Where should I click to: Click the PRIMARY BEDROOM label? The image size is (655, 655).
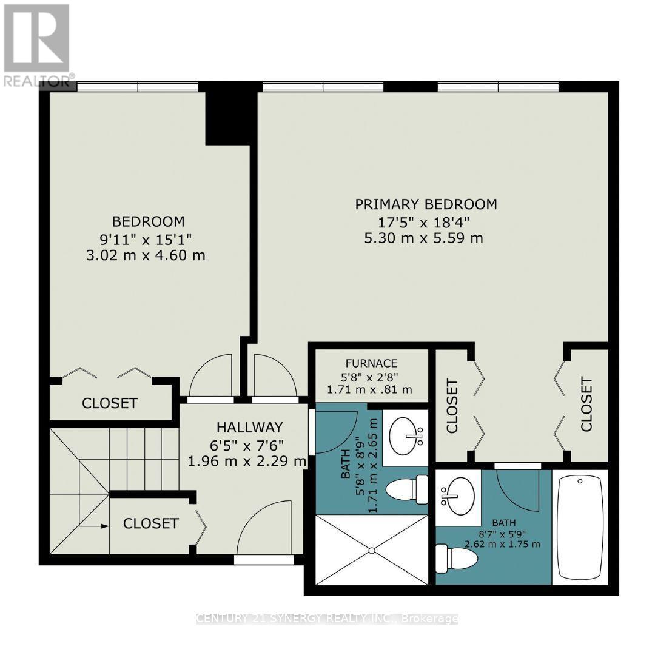click(x=426, y=204)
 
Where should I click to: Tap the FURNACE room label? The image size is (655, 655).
click(x=371, y=363)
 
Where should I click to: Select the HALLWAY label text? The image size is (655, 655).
click(x=249, y=428)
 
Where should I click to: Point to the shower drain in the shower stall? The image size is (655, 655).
click(x=371, y=551)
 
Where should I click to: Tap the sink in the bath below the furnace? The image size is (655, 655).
click(x=406, y=436)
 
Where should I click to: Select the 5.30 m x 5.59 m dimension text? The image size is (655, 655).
click(x=423, y=238)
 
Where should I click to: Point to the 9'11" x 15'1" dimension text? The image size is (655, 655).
click(x=146, y=240)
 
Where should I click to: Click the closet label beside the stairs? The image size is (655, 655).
click(x=151, y=523)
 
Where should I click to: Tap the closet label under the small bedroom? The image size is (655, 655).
click(x=110, y=403)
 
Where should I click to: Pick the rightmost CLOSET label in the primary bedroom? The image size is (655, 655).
click(x=586, y=405)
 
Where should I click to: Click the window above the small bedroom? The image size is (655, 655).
click(x=138, y=87)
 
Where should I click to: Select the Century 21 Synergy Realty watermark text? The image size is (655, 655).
click(x=327, y=619)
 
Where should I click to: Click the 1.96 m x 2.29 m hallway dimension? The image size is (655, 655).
click(x=247, y=462)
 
